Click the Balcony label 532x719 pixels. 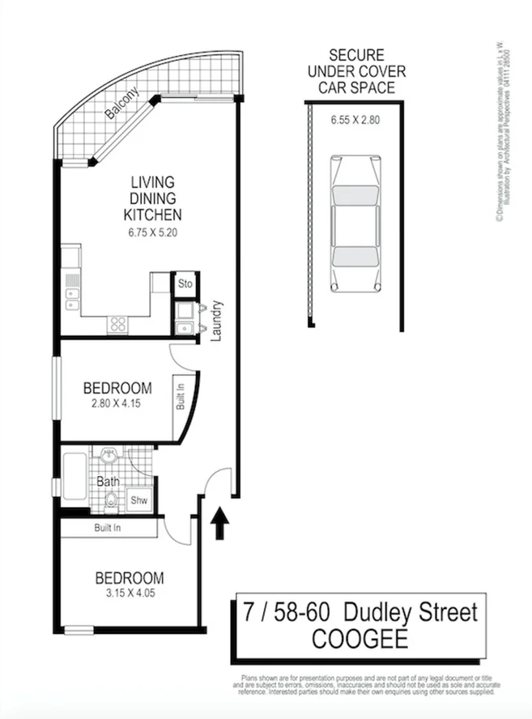tap(122, 104)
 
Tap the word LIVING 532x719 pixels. tap(151, 182)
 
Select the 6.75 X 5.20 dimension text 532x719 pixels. tap(151, 232)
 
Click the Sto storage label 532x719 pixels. tap(185, 284)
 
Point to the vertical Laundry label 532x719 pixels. tap(216, 321)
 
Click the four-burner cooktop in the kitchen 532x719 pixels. tap(117, 323)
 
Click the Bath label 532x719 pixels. tap(108, 481)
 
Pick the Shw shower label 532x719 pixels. tap(139, 500)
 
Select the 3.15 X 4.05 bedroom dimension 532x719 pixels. tap(130, 594)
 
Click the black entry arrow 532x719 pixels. tap(218, 525)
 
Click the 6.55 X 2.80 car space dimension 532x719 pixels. tap(354, 120)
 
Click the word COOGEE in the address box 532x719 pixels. tap(360, 639)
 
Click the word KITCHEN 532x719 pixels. tap(151, 215)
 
